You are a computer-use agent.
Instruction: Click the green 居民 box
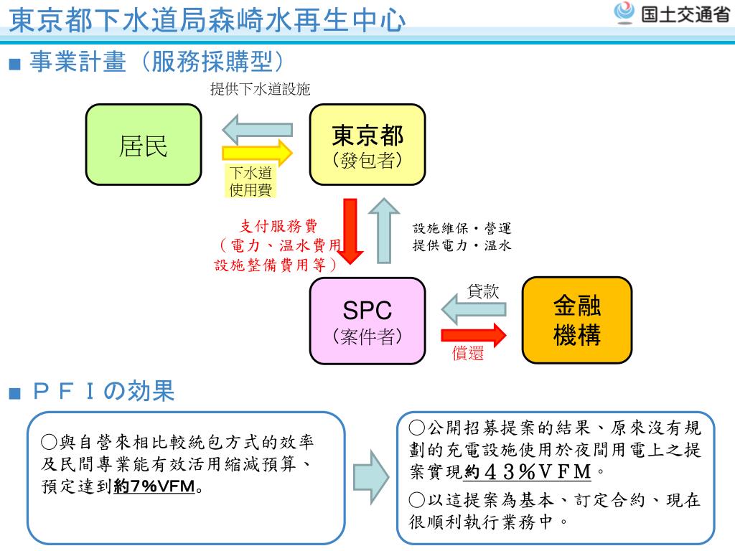coord(144,144)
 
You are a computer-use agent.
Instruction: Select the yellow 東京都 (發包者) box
coord(367,144)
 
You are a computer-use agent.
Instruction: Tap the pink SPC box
coord(367,320)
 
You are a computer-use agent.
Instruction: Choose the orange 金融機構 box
coord(576,320)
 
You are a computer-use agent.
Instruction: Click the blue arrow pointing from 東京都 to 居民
coord(256,130)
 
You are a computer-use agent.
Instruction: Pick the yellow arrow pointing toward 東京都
coord(258,153)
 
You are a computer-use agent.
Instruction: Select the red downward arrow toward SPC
coord(351,231)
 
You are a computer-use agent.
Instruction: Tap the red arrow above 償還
coord(474,334)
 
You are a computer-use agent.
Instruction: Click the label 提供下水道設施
coord(260,89)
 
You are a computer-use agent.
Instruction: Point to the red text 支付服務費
coord(278,227)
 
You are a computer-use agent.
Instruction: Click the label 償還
coord(467,353)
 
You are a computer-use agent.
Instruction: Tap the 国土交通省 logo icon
coord(625,12)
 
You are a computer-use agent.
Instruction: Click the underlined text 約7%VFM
coord(154,487)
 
